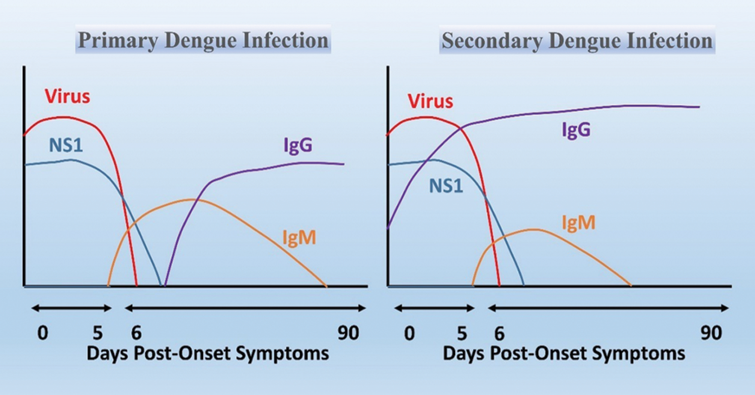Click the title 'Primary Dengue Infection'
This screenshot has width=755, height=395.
coord(203,40)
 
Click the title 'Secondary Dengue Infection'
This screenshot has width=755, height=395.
coord(577,40)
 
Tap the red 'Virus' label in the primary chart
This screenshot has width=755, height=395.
coord(67,96)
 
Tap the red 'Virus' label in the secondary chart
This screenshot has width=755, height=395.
coord(430,101)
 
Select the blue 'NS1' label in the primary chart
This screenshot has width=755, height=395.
coord(65,145)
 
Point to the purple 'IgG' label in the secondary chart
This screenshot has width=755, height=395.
coord(576,130)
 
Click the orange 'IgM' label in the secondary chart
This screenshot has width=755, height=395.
coord(578,222)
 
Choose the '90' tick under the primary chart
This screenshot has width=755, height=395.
coord(348,333)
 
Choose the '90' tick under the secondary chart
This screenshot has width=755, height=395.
coord(711,333)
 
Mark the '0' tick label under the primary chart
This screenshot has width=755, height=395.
coord(43,333)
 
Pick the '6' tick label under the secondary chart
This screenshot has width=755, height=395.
coord(499,333)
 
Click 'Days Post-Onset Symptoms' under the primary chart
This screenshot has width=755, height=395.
coord(208,353)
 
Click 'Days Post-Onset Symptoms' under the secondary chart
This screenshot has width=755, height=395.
coord(564,353)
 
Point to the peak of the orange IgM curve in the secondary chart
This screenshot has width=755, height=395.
coord(534,229)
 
